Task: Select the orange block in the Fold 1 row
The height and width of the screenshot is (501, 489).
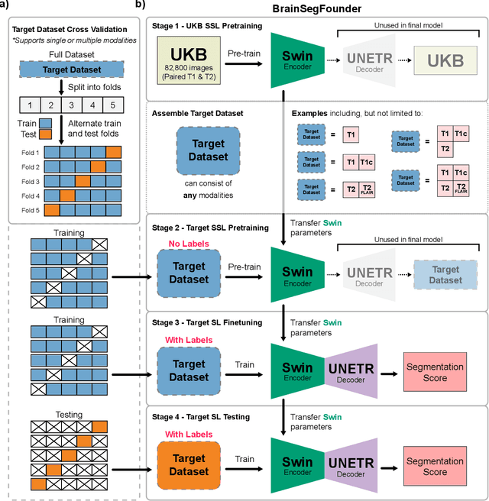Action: pyautogui.click(x=113, y=152)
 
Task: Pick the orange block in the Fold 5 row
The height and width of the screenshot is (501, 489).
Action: pyautogui.click(x=52, y=209)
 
